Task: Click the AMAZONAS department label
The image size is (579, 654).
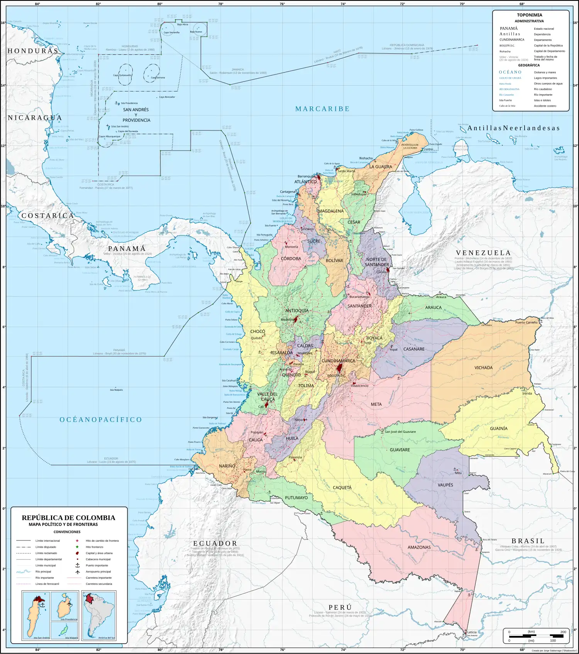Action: point(419,547)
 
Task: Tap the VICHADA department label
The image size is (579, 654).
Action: point(483,368)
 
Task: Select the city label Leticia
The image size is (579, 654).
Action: point(472,632)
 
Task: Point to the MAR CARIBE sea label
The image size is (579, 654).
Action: point(322,109)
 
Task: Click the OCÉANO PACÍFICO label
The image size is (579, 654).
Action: point(101,420)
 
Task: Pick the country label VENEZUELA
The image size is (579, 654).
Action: point(483,253)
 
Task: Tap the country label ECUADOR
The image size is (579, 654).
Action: point(215,543)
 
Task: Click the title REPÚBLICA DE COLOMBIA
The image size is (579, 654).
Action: point(68,518)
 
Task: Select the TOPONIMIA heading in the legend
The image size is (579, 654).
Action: point(529,15)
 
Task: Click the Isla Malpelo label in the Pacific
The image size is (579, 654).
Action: point(116,390)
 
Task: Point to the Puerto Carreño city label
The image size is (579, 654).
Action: point(526,322)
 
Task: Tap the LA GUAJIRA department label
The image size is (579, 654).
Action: point(380,167)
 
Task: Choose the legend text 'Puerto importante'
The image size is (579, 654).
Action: point(96,565)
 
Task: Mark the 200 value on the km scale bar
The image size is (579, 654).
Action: point(563,632)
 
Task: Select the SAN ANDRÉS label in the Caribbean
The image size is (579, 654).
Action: point(136,110)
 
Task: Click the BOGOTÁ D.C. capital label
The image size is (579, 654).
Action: point(336,376)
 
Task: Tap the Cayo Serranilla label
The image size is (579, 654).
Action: point(171,32)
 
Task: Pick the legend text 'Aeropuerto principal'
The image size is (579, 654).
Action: point(98,571)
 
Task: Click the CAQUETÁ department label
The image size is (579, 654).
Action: point(342,488)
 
